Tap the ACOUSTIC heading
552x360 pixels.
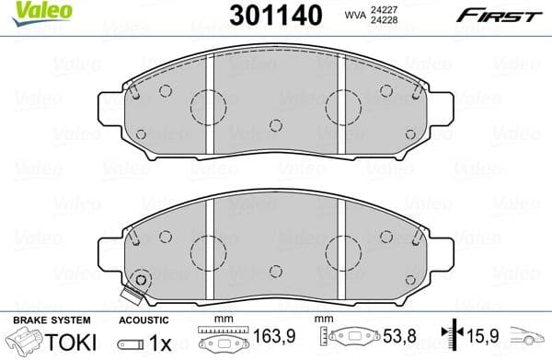click(x=144, y=319)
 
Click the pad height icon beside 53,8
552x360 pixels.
click(x=351, y=339)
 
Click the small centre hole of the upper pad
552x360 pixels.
click(x=274, y=126)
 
